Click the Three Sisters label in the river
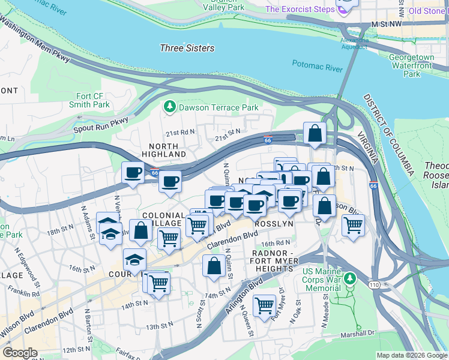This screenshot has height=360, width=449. pos(187,48)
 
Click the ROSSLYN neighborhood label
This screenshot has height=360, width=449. pos(274,223)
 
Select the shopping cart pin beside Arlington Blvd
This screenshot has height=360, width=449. pos(264,306)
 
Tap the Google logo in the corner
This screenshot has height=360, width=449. pos(20,353)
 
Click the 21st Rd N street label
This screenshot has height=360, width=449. pos(181,132)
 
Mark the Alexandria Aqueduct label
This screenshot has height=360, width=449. pos(354,43)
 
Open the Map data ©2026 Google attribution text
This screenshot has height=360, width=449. pos(412,355)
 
